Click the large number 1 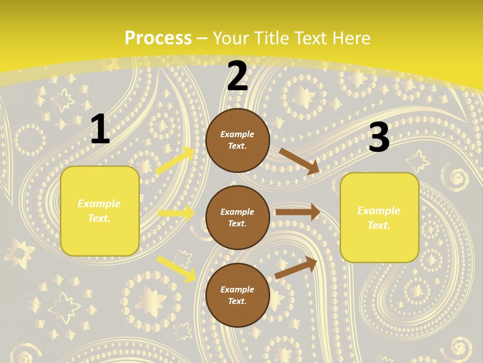(100, 130)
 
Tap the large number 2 (237, 77)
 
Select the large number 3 (379, 138)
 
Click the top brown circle (237, 140)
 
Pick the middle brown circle (237, 217)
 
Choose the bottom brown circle (237, 295)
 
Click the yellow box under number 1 (100, 211)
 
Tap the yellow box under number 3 (379, 217)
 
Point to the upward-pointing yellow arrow (175, 161)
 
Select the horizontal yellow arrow (177, 213)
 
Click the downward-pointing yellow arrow (176, 268)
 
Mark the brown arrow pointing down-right (299, 161)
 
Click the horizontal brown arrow (297, 212)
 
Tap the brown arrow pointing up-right (296, 268)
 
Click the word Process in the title (158, 38)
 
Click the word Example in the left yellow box (99, 204)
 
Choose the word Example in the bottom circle (237, 289)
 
